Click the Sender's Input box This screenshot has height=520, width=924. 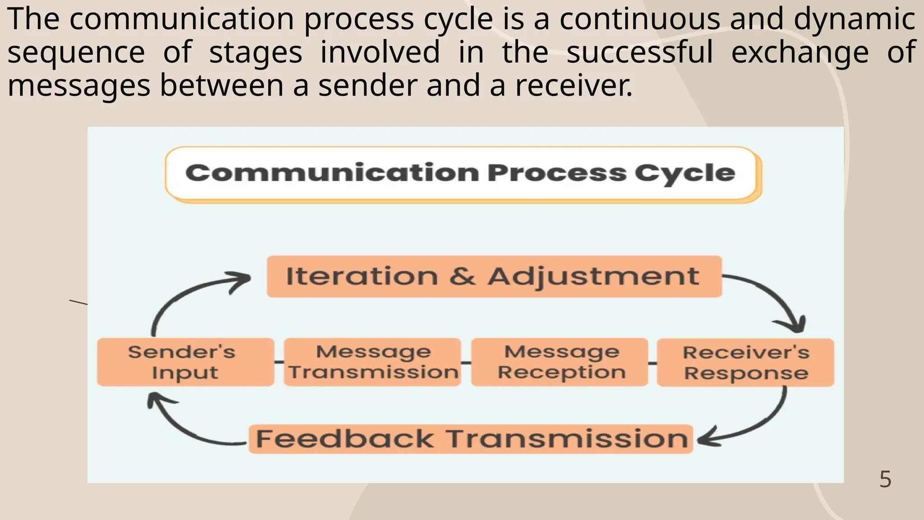[185, 362]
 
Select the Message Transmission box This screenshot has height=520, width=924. [373, 362]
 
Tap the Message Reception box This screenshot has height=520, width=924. [559, 362]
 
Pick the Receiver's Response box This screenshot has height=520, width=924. [745, 362]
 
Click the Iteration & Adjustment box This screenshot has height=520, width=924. [494, 276]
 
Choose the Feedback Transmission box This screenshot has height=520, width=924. [471, 439]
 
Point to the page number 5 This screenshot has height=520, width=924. [885, 479]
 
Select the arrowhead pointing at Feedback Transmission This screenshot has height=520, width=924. [706, 439]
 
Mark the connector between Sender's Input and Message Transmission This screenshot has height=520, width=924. [279, 362]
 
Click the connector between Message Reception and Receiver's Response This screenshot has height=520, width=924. [652, 362]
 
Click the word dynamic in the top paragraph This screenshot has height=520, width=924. [854, 20]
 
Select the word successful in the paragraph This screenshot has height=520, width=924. [639, 52]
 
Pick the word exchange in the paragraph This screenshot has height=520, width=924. [799, 52]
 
